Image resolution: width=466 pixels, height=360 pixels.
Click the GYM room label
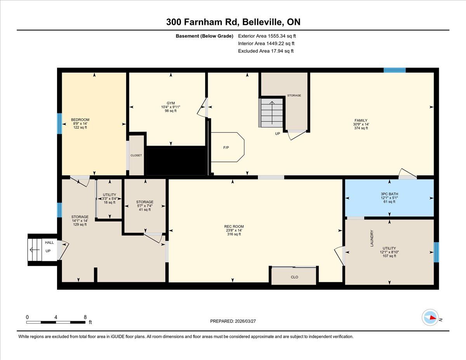[x=171, y=103]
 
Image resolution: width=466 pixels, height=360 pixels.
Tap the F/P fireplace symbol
[x=228, y=147]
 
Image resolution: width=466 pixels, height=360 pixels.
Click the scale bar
[x=56, y=322]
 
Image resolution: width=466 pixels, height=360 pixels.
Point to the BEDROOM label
[x=80, y=120]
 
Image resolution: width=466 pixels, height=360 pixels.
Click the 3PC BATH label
[x=389, y=194]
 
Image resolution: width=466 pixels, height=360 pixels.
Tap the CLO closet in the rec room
[x=294, y=276]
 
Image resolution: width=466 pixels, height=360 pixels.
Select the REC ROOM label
[x=234, y=226]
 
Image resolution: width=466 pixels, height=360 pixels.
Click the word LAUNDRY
[x=372, y=238]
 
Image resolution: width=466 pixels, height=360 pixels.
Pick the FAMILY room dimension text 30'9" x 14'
[x=361, y=124]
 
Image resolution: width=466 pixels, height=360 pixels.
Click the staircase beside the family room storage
[x=272, y=113]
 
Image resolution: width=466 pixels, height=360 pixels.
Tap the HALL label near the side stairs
[x=49, y=242]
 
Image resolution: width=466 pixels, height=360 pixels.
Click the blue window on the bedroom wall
[x=59, y=123]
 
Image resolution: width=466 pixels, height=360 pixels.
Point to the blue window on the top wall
[x=395, y=70]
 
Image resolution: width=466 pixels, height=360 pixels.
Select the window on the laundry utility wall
[x=436, y=252]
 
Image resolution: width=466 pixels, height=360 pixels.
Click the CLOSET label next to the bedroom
[x=136, y=155]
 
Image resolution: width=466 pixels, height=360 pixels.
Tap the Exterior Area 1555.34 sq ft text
[x=267, y=36]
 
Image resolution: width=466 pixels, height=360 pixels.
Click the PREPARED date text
[x=233, y=321]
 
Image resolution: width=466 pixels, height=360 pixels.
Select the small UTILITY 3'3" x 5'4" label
[x=110, y=197]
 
